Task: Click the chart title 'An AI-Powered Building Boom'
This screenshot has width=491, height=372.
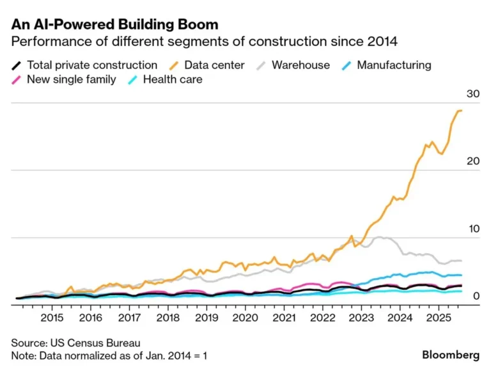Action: (x=114, y=25)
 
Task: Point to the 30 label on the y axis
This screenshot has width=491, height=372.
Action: (x=473, y=94)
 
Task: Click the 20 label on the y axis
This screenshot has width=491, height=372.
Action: (x=473, y=161)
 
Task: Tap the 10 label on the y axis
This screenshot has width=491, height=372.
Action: (x=473, y=228)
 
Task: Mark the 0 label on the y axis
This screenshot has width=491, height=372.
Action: (x=476, y=295)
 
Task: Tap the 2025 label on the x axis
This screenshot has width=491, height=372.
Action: (x=438, y=317)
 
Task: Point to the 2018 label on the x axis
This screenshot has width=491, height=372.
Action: (x=168, y=317)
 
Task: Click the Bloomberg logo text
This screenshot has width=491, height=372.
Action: (x=451, y=354)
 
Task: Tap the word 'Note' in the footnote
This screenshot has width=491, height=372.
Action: (x=23, y=355)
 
